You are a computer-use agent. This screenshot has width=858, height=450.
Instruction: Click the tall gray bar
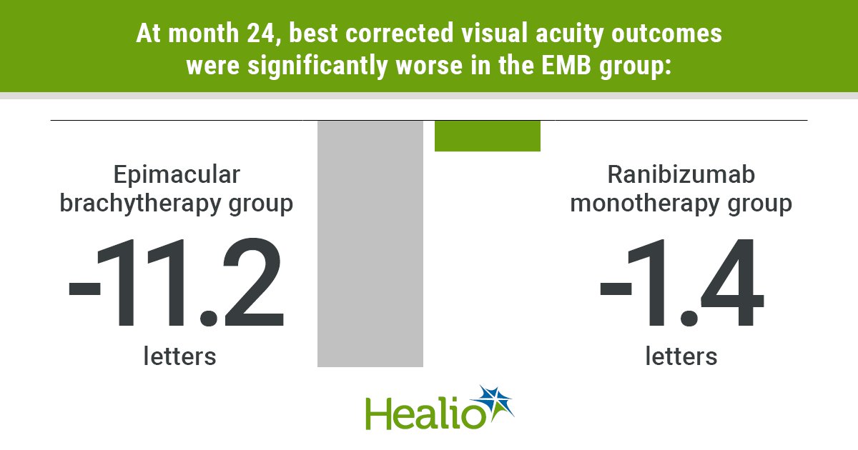click(x=370, y=244)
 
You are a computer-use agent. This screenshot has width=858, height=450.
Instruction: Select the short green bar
click(x=488, y=136)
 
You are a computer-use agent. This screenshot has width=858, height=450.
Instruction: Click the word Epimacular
click(x=176, y=175)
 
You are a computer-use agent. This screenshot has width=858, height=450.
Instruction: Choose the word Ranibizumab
click(x=681, y=175)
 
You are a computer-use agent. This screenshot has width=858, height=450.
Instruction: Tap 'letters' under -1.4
click(x=681, y=355)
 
